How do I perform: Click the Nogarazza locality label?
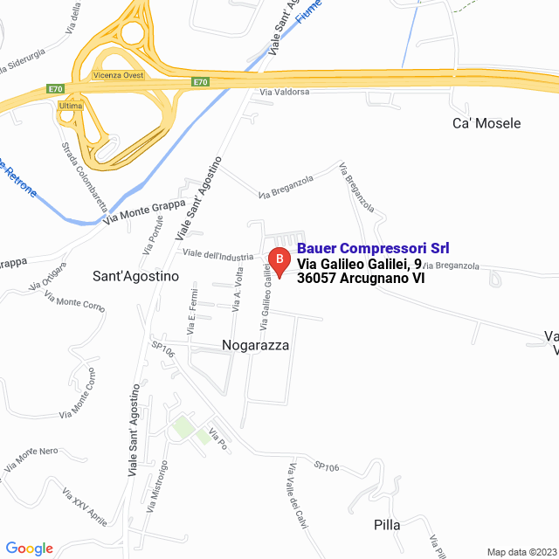[255, 346]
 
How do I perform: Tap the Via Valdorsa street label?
[284, 92]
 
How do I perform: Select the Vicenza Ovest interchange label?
[119, 76]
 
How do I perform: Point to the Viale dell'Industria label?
[217, 254]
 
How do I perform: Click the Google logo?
[29, 549]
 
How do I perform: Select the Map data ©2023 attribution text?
[521, 552]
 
